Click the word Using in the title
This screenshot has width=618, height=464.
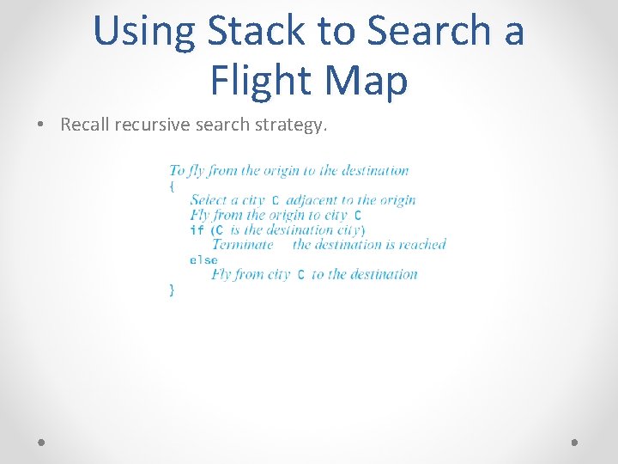pos(145,31)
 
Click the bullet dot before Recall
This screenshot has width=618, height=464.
pos(41,125)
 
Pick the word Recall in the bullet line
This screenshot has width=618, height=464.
pos(84,125)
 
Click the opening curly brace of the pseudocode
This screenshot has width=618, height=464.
pos(172,185)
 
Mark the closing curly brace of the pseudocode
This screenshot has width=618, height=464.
pos(172,290)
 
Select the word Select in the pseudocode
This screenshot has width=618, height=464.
pos(209,200)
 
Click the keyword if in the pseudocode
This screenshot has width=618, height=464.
pos(197,230)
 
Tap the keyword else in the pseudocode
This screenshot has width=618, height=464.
pos(203,259)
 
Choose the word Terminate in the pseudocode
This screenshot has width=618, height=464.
pos(242,245)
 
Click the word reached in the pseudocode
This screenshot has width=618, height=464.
pos(422,245)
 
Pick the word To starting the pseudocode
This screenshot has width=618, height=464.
pos(177,170)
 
